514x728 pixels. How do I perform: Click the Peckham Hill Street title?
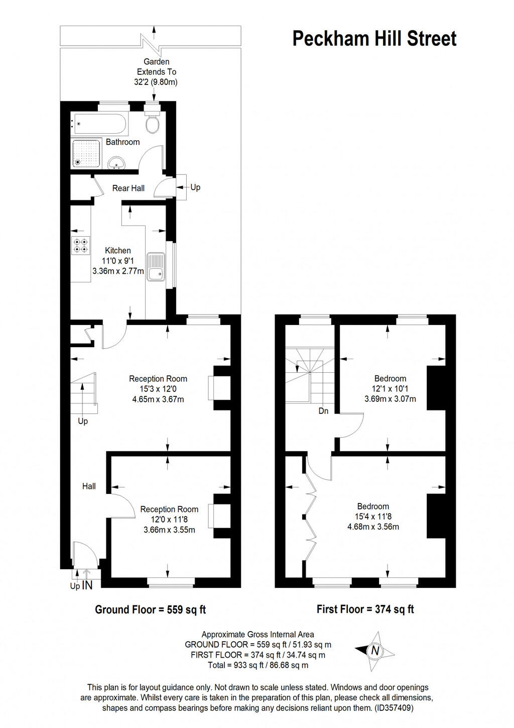point(374,39)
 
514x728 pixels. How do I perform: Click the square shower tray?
point(86,153)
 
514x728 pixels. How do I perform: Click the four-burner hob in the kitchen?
point(80,246)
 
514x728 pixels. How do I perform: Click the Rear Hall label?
point(128,188)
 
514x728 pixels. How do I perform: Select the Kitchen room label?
point(118,251)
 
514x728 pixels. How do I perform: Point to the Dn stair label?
point(323,411)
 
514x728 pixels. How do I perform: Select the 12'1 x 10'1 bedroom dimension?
point(391,389)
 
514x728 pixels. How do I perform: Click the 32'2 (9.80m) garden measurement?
point(156,82)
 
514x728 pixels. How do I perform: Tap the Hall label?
point(89,486)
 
